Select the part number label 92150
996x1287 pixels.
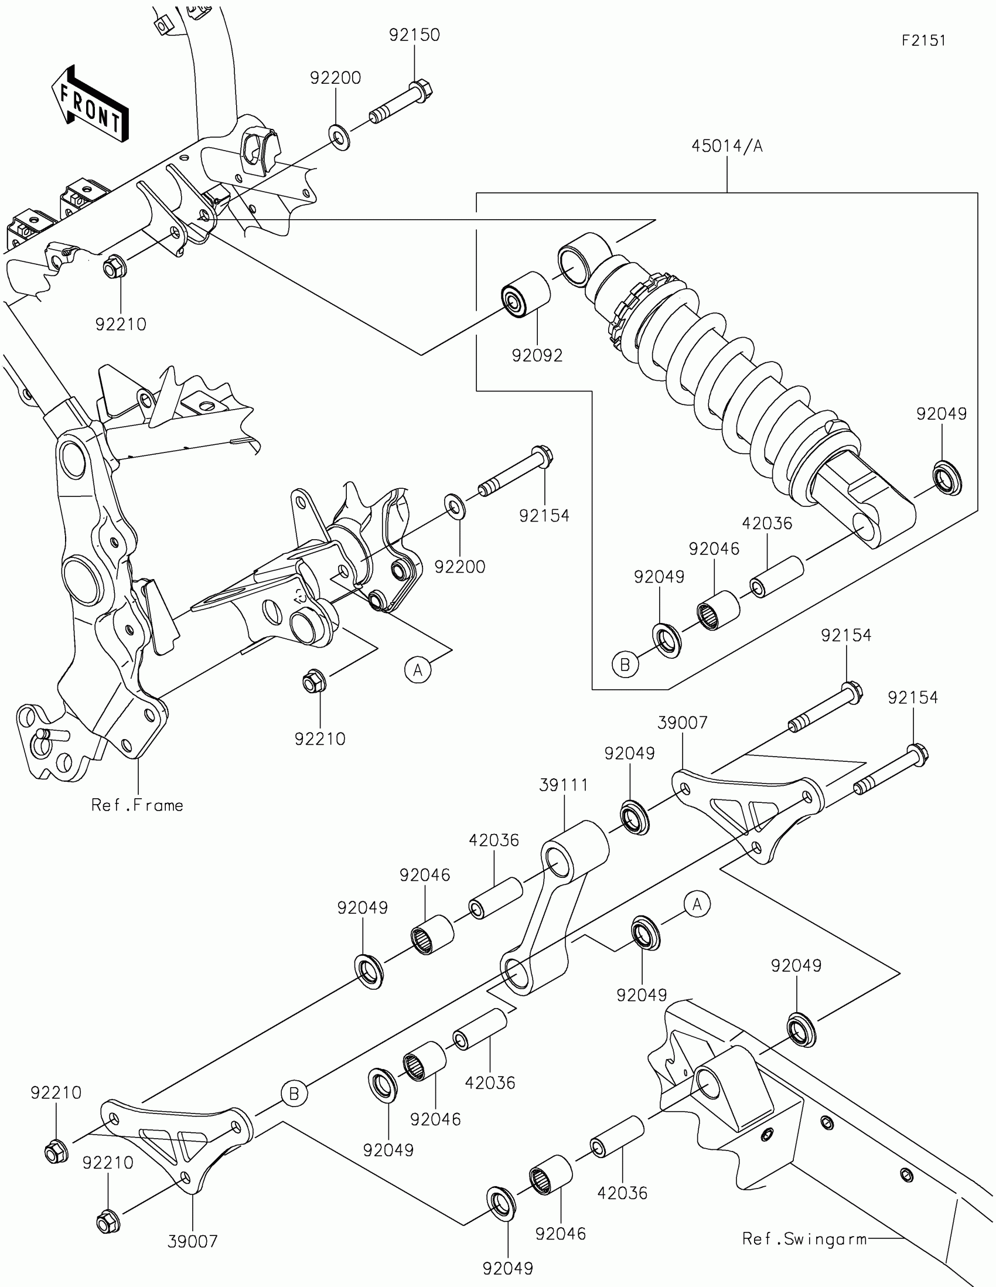(x=414, y=35)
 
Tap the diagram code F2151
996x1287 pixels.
(x=923, y=40)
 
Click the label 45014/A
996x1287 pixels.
(x=727, y=147)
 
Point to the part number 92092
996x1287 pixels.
(x=537, y=355)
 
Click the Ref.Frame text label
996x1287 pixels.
(x=137, y=805)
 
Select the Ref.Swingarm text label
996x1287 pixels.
(x=804, y=1240)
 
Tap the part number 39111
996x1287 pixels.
(x=564, y=785)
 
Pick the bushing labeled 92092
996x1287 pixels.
(x=526, y=295)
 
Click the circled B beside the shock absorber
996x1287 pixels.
(x=625, y=665)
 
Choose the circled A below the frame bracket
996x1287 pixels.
(x=418, y=670)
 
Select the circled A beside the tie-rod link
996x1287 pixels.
(x=697, y=904)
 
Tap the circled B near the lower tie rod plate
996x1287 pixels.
(x=294, y=1094)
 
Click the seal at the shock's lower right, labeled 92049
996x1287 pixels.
(x=947, y=478)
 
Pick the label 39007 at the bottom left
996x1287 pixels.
(x=193, y=1241)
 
